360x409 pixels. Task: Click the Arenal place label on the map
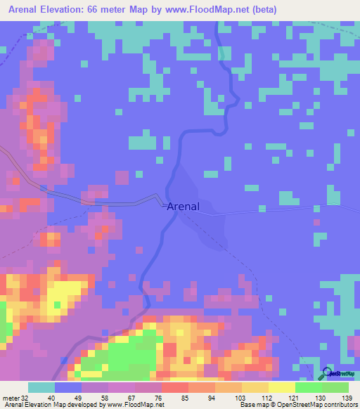pyautogui.click(x=184, y=207)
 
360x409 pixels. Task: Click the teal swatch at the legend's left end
pyautogui.click(x=41, y=388)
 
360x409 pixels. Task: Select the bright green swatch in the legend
pyautogui.click(x=308, y=388)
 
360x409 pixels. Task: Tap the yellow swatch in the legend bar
pyautogui.click(x=281, y=388)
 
